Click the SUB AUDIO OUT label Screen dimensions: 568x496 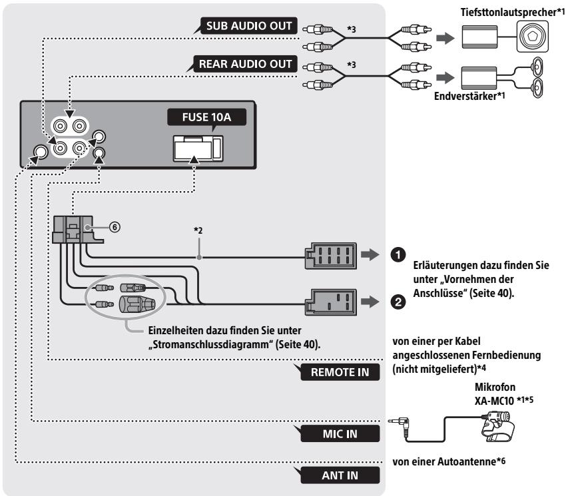(x=249, y=26)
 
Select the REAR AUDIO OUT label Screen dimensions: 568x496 (x=245, y=64)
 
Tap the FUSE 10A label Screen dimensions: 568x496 (x=206, y=117)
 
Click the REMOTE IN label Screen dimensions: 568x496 (x=340, y=372)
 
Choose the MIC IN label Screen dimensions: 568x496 (x=340, y=433)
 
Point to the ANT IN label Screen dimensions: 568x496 (x=340, y=475)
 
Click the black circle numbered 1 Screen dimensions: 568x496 (x=398, y=255)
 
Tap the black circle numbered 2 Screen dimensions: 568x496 (x=398, y=302)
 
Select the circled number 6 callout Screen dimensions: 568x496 (x=115, y=227)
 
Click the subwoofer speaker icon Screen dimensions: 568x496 (x=533, y=37)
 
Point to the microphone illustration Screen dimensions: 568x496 (x=497, y=426)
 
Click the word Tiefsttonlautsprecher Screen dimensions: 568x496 (x=508, y=13)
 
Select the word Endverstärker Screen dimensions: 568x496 (x=465, y=96)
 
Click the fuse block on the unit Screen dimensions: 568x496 (x=198, y=148)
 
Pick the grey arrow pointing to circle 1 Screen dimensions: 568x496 (x=370, y=255)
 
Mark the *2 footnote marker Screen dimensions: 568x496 (x=198, y=230)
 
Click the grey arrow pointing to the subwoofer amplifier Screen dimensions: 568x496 (x=445, y=38)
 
